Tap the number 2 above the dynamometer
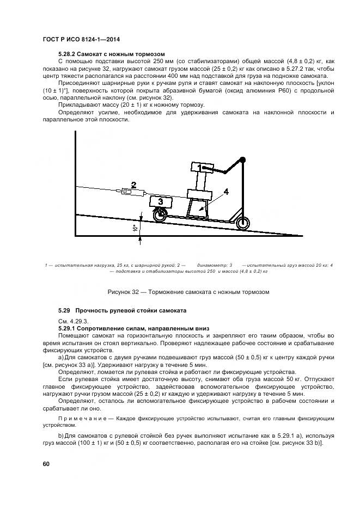133,184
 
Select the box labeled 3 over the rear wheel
160,202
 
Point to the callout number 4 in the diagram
225,191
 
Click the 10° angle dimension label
134,229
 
